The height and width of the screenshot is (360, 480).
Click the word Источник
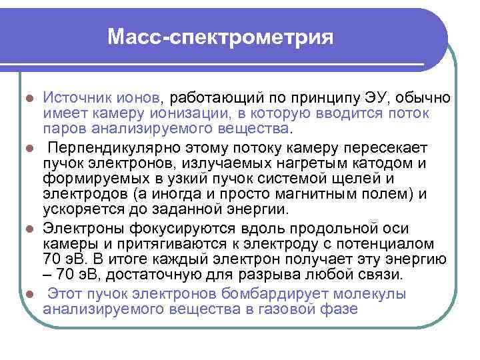point(73,98)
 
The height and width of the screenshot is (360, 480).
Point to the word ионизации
point(193,113)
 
